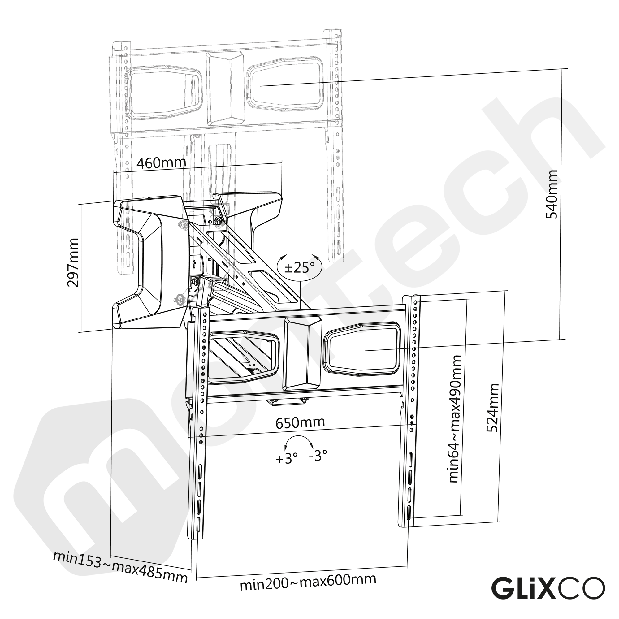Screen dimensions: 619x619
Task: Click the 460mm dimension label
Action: point(161,163)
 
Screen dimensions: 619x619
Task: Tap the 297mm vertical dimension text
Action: point(73,262)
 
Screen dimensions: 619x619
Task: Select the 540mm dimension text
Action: point(552,194)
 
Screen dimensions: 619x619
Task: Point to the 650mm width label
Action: point(300,422)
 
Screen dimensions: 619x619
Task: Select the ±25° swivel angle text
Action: point(299,267)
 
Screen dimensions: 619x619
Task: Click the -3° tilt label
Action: point(318,455)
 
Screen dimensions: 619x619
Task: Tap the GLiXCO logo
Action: point(548,588)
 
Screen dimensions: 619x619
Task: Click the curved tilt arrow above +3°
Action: point(298,440)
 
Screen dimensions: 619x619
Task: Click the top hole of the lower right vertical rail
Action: point(416,302)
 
